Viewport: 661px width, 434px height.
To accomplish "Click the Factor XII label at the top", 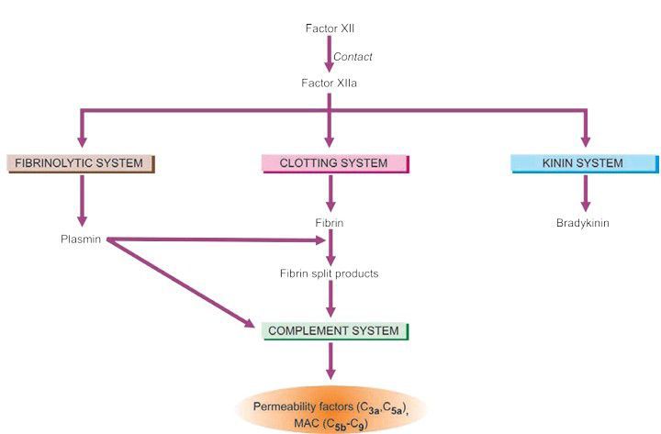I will (330, 28).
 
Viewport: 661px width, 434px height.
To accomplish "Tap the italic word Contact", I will (353, 57).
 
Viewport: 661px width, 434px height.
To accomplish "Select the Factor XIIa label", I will (330, 83).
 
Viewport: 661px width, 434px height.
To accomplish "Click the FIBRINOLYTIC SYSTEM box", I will (80, 164).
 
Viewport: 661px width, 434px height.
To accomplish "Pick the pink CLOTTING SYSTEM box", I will (334, 164).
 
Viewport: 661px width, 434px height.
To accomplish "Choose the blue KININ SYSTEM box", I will (584, 164).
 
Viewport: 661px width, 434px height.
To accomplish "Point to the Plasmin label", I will (79, 241).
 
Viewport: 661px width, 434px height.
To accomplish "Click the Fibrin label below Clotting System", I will (330, 223).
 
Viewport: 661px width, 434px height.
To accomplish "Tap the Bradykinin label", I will (584, 223).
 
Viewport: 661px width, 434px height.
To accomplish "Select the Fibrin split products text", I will (330, 273).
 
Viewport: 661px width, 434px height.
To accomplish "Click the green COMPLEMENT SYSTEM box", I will (334, 330).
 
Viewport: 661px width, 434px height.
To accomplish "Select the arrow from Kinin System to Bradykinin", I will (584, 193).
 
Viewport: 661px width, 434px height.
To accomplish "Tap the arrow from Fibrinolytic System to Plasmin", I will (82, 200).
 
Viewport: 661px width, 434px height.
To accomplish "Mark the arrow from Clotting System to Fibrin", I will (330, 193).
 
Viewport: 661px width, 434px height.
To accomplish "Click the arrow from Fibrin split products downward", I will (330, 300).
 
